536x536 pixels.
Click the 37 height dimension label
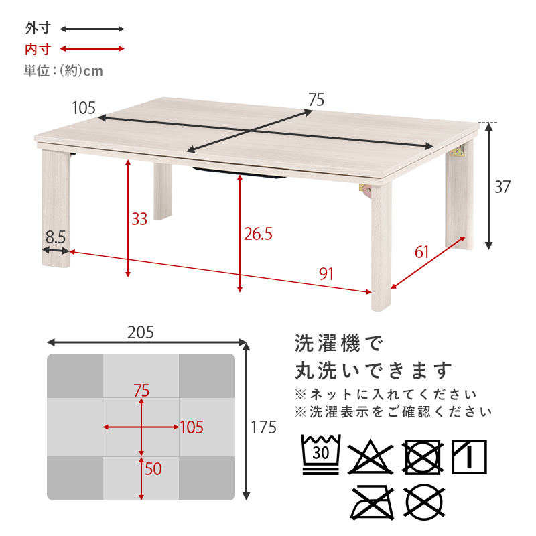coord(503,187)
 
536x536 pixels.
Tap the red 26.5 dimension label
coord(258,234)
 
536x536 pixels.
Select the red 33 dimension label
coord(139,219)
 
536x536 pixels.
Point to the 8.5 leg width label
coord(56,237)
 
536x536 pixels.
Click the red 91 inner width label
coord(326,274)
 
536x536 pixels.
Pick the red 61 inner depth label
coord(421,253)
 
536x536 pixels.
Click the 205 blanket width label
coord(141,332)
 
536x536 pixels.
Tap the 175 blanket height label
coord(263,427)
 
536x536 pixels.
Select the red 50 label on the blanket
coord(153,469)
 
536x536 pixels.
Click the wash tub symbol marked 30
coord(321,455)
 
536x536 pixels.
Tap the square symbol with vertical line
coord(469,457)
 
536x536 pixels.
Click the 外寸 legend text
coord(38,28)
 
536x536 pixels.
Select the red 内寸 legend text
coord(38,49)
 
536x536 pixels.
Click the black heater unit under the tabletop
coord(239,172)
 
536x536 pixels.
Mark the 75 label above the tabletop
coord(316,100)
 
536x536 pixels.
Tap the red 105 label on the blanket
coord(192,427)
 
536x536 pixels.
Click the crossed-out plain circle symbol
coord(424,502)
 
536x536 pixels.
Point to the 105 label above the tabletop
coord(84,108)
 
